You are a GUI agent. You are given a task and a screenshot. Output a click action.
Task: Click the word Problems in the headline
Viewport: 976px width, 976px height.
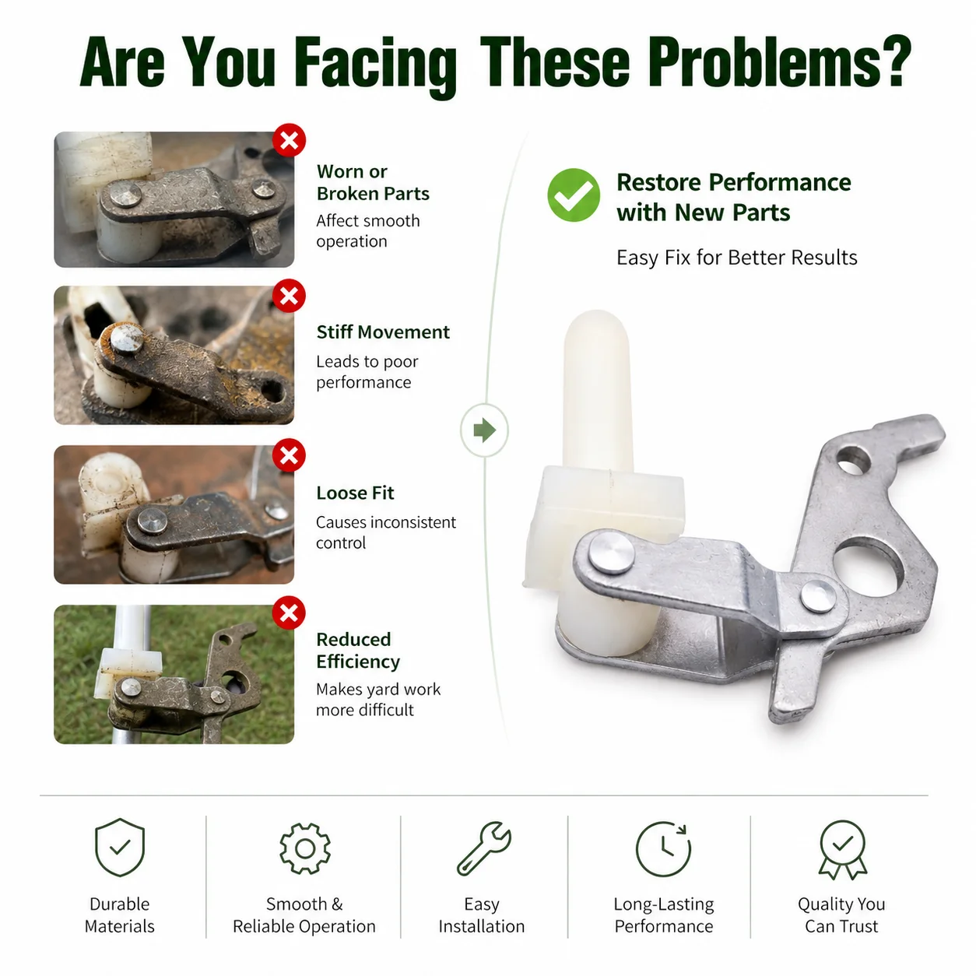781,63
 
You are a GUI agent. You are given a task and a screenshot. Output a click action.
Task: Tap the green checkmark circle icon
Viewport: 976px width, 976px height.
574,195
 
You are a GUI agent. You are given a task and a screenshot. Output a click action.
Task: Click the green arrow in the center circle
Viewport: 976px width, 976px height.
485,430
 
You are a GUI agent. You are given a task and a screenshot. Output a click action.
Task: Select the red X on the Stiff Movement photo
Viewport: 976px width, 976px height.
289,296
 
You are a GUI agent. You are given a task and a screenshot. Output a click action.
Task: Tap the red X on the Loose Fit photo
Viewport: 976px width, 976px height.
289,455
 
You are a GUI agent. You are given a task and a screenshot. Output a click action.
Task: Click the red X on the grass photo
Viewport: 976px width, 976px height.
289,613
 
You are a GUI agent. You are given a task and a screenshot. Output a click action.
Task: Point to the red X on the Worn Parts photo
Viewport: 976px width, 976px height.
289,140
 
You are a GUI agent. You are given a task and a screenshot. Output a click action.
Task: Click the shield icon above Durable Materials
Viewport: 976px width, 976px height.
120,848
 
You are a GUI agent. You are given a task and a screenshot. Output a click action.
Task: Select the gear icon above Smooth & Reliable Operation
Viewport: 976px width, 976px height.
305,848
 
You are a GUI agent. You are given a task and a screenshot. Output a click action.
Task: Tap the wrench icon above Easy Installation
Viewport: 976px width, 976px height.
483,848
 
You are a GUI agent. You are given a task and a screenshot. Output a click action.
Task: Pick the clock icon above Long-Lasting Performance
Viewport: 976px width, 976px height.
663,849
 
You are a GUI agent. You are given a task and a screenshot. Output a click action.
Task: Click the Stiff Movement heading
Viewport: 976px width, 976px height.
383,332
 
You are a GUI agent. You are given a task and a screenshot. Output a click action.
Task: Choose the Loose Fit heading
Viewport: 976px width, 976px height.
355,493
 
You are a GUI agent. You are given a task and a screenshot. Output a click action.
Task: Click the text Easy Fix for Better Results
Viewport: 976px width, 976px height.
736,258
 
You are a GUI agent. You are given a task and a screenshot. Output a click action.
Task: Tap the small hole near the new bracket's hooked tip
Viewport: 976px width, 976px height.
854,460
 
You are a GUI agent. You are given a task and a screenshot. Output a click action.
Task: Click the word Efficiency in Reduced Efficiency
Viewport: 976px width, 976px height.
358,662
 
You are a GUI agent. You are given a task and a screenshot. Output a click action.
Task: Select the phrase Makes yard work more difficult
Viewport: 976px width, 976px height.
377,700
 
